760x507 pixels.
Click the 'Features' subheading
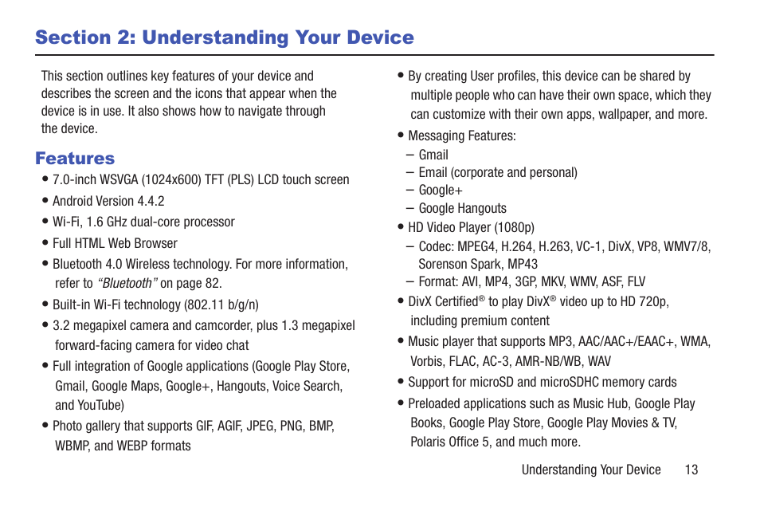pyautogui.click(x=75, y=158)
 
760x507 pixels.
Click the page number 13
pyautogui.click(x=691, y=470)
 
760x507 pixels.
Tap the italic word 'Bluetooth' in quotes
pyautogui.click(x=126, y=283)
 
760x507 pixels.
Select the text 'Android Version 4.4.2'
pyautogui.click(x=108, y=201)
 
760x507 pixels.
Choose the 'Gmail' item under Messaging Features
pyautogui.click(x=433, y=155)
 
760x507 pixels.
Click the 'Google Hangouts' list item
pyautogui.click(x=462, y=208)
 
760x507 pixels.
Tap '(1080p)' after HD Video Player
pyautogui.click(x=515, y=227)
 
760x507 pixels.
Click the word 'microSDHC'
pyautogui.click(x=570, y=382)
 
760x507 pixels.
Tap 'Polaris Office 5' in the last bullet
pyautogui.click(x=449, y=442)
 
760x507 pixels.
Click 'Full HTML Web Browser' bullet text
pyautogui.click(x=115, y=243)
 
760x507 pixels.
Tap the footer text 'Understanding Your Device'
pyautogui.click(x=591, y=470)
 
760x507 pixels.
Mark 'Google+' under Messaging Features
pyautogui.click(x=441, y=190)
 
